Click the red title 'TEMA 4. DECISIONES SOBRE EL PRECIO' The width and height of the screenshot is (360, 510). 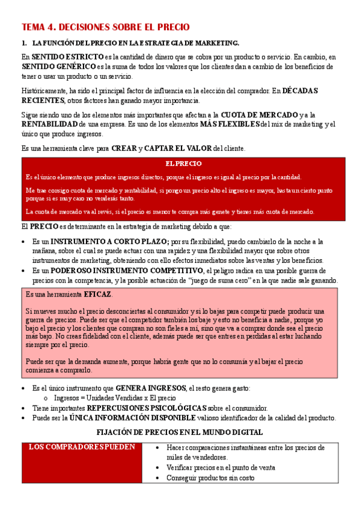(x=105, y=28)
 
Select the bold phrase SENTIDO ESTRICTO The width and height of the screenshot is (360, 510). (x=60, y=57)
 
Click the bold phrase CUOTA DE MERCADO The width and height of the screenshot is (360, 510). (x=260, y=115)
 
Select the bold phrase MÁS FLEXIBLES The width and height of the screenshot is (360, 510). (x=230, y=124)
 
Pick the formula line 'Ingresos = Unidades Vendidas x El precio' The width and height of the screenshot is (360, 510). (x=115, y=398)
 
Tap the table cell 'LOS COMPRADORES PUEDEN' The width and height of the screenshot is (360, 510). (x=82, y=447)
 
